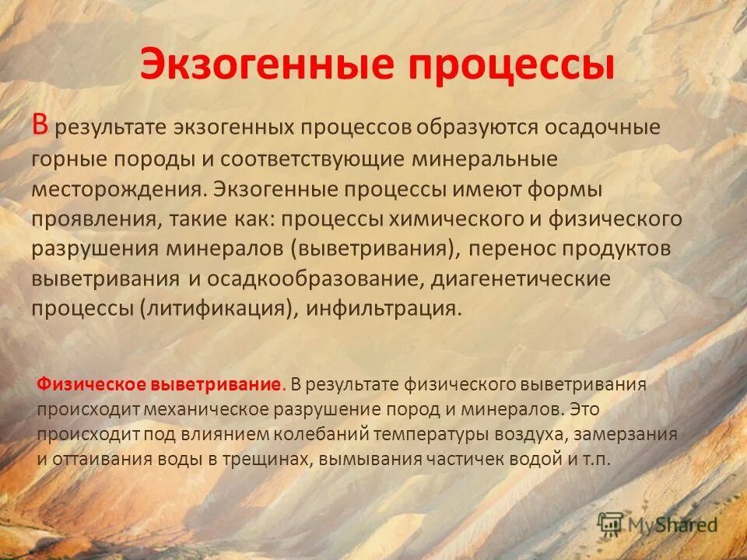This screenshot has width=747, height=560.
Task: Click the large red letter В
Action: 41,125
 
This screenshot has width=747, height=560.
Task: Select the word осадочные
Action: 594,128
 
